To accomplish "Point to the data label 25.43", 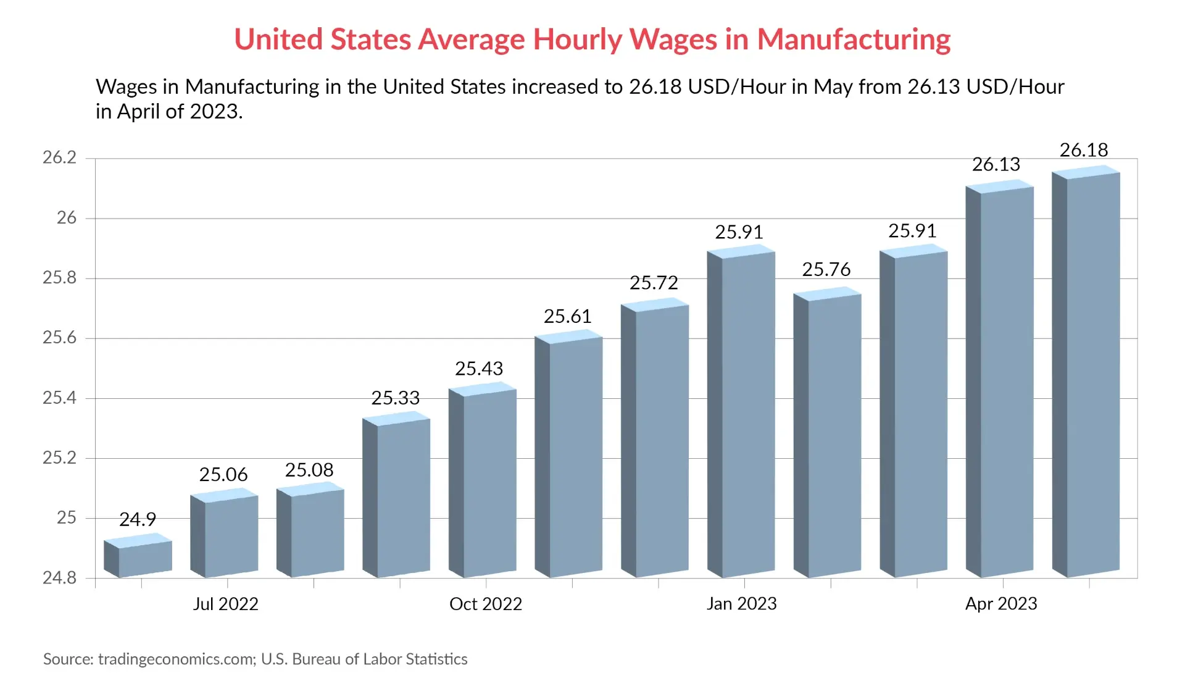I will [479, 369].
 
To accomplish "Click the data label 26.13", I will [996, 164].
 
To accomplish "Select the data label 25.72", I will [654, 283].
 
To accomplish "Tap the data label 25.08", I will [309, 471].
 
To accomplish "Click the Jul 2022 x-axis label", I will [225, 604].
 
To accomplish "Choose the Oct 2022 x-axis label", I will [486, 604].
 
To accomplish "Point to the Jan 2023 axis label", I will [741, 604].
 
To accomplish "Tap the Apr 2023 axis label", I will [1001, 604].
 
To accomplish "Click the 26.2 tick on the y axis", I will [60, 158].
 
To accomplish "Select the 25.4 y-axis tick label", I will [60, 398].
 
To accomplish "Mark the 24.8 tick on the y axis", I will [60, 578].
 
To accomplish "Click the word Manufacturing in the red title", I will [854, 40].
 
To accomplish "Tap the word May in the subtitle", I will [831, 87].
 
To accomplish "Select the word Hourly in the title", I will [577, 40].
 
